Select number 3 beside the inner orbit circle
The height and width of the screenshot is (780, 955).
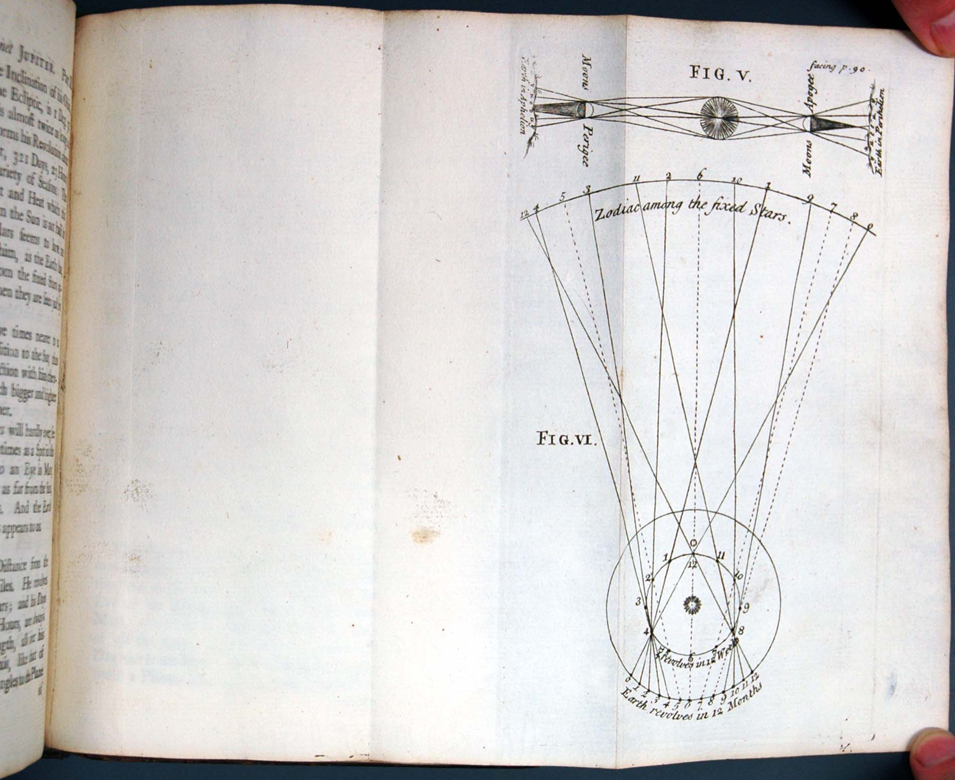(x=639, y=601)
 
